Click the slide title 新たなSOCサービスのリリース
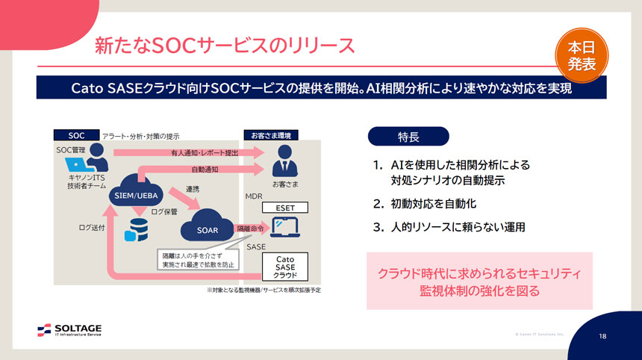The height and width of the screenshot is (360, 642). coord(225,45)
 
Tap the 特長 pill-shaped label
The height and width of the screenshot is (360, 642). coord(408,137)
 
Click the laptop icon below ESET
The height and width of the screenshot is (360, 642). coord(284,225)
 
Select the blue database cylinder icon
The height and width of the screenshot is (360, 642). coord(137,229)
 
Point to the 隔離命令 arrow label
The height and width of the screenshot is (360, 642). coord(249,228)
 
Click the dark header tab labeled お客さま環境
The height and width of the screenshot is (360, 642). coord(271,135)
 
